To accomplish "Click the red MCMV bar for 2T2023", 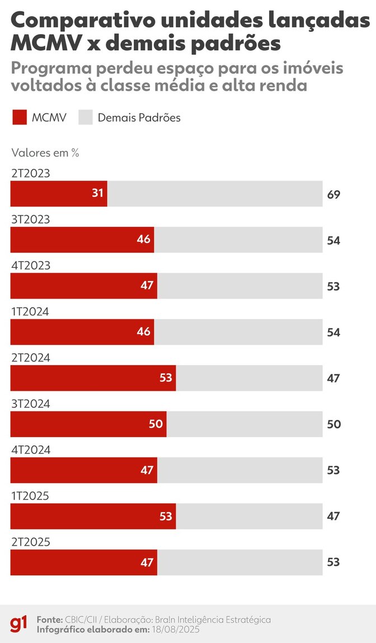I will [x=59, y=194].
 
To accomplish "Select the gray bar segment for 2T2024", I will [x=249, y=378].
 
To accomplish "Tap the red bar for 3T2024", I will [x=88, y=424].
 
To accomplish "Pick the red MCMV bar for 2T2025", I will [x=83, y=562].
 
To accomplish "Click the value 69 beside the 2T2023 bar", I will [x=333, y=195].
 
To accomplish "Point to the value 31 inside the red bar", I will [x=98, y=193].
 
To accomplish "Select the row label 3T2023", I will [x=31, y=220].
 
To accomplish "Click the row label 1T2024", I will [x=30, y=311].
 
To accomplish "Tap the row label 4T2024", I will [x=31, y=450].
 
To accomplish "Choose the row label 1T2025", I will [x=30, y=495].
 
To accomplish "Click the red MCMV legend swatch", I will [x=19, y=118].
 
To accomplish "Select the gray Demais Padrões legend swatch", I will [x=84, y=118].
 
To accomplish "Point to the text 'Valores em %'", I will [x=45, y=153].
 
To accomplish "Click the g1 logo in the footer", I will [x=18, y=624].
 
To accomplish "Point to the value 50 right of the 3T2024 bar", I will [x=333, y=424].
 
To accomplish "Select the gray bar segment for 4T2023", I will [x=239, y=286].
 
